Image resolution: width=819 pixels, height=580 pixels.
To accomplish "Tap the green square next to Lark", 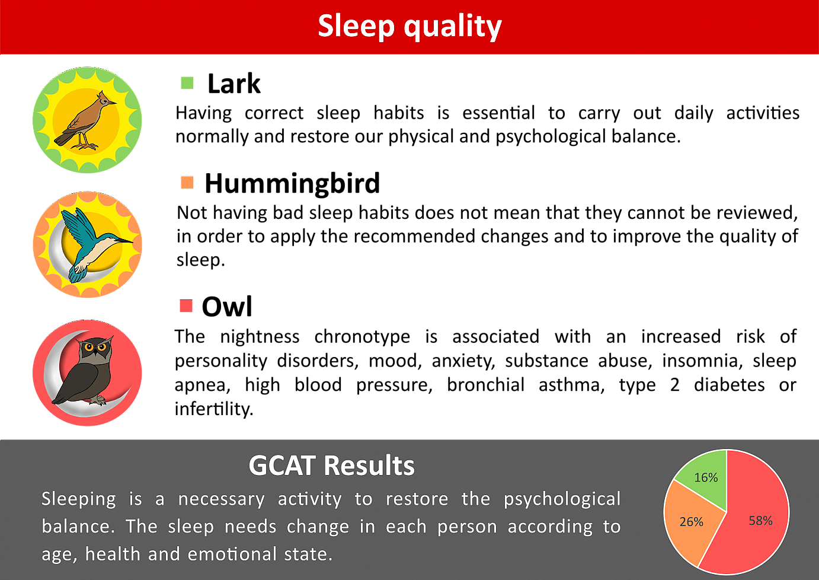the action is [187, 82].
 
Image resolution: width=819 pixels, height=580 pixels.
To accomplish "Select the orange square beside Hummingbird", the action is [187, 182].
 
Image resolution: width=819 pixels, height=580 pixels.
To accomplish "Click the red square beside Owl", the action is [186, 305].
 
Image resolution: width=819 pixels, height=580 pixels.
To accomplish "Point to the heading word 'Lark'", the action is [234, 84].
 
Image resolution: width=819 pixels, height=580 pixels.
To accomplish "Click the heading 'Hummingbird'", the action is [292, 183].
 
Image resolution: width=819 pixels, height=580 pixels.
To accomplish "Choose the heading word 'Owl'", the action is [227, 306].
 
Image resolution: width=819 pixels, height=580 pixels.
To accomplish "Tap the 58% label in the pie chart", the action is [760, 520].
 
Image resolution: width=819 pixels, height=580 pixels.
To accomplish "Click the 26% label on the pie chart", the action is [692, 521].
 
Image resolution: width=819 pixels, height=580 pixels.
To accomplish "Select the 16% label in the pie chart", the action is [706, 477].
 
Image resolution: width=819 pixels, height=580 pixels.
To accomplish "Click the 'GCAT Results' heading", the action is [332, 466].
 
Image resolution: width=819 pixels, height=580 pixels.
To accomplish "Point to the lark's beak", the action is [112, 103].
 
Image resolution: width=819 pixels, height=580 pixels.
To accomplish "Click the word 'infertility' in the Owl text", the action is [214, 409].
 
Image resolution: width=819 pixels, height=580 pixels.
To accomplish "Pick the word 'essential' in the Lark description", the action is [499, 113].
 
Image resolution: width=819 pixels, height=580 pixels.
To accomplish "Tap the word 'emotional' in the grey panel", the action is [231, 554].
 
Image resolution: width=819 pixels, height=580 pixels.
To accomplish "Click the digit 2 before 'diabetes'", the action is [675, 385].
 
